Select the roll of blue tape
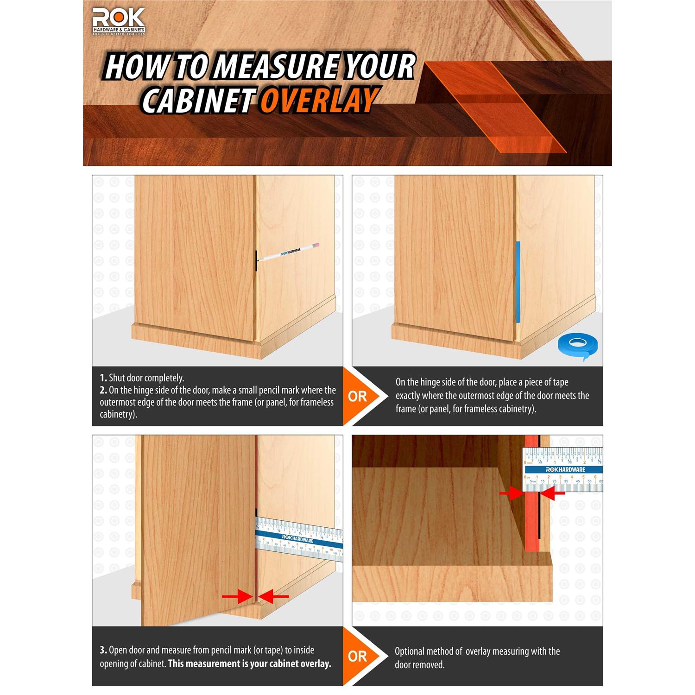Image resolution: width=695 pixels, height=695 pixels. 577,345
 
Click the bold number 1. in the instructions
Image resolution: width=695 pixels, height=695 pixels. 103,378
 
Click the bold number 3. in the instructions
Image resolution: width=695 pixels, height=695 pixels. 103,650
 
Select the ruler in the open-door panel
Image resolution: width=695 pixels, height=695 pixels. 299,538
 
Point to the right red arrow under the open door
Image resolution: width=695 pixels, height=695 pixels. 273,597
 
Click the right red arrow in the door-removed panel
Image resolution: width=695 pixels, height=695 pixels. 552,494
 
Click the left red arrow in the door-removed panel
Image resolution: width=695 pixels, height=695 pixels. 512,494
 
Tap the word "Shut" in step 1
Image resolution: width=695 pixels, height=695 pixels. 118,378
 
